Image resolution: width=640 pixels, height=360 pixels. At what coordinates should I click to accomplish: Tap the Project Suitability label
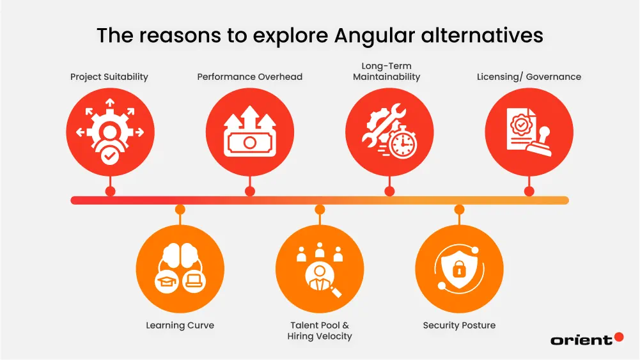[109, 77]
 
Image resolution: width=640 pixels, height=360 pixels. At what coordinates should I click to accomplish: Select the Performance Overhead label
[249, 77]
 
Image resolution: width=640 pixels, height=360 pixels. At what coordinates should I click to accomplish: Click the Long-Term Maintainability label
[386, 71]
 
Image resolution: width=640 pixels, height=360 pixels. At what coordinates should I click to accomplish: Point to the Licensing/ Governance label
[529, 77]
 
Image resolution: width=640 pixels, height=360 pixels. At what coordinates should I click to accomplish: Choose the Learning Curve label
[180, 325]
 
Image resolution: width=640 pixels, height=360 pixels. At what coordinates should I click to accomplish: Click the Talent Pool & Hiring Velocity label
[320, 331]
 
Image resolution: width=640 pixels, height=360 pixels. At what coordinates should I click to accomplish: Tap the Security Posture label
[459, 325]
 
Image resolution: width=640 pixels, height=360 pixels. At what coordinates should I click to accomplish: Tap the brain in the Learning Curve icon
[180, 254]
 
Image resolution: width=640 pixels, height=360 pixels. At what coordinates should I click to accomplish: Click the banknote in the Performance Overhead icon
[250, 141]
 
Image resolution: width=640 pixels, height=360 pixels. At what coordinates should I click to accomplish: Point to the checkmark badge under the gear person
[110, 155]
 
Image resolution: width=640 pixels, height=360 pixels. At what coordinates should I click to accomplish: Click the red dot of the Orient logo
[618, 337]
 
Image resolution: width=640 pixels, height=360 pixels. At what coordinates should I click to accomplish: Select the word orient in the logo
[581, 340]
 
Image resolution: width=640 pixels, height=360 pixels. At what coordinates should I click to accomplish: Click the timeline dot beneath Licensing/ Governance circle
[529, 191]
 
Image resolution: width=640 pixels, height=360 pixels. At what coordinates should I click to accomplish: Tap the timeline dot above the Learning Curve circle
[180, 209]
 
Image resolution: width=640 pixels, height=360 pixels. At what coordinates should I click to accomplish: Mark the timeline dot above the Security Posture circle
[459, 209]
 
